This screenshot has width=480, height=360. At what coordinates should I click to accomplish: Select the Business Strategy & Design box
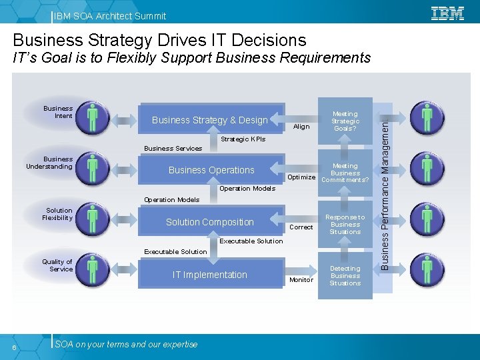click(x=211, y=120)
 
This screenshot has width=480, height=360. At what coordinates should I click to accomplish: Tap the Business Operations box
click(x=211, y=170)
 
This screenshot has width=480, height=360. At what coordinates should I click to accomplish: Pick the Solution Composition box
click(x=210, y=222)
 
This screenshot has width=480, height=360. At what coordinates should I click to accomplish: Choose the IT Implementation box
click(x=210, y=275)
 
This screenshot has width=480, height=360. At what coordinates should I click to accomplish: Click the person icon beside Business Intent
click(x=93, y=119)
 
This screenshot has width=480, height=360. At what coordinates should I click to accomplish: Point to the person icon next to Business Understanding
click(x=93, y=170)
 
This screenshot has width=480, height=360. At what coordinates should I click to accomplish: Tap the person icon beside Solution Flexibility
click(x=93, y=221)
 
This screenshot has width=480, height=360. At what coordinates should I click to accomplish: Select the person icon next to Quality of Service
click(x=93, y=272)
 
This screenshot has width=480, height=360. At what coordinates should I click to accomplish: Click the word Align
click(x=301, y=127)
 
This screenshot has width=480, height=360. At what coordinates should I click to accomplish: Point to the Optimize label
click(x=301, y=177)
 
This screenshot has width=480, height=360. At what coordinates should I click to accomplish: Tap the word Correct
click(x=301, y=227)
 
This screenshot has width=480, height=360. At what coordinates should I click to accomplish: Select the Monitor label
click(x=301, y=280)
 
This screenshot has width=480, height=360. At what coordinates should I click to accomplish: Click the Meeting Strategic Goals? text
click(x=345, y=121)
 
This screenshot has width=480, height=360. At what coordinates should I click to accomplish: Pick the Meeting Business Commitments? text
click(x=345, y=173)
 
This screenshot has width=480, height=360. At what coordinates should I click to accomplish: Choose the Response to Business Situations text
click(x=345, y=225)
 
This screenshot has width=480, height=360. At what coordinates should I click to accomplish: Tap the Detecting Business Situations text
click(x=345, y=276)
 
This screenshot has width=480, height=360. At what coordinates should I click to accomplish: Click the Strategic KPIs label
click(x=243, y=139)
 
